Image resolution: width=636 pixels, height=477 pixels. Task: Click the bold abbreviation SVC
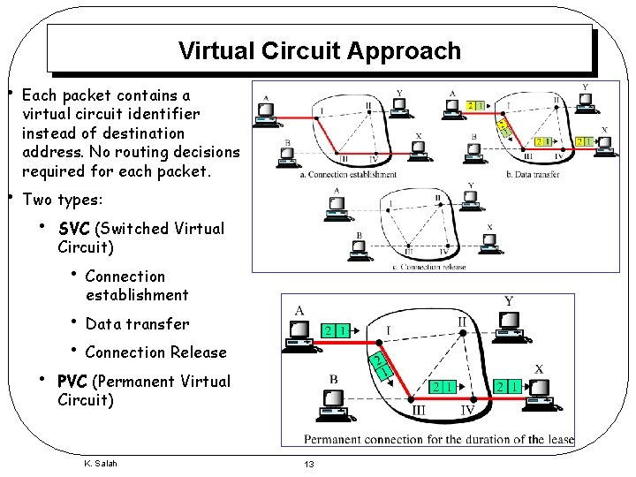[74, 229]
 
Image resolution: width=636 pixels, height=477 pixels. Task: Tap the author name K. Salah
[100, 464]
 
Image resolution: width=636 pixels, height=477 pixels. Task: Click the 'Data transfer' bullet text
[137, 324]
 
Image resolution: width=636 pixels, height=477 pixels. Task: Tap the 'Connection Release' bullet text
[155, 352]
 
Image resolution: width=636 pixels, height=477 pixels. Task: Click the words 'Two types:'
[62, 200]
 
